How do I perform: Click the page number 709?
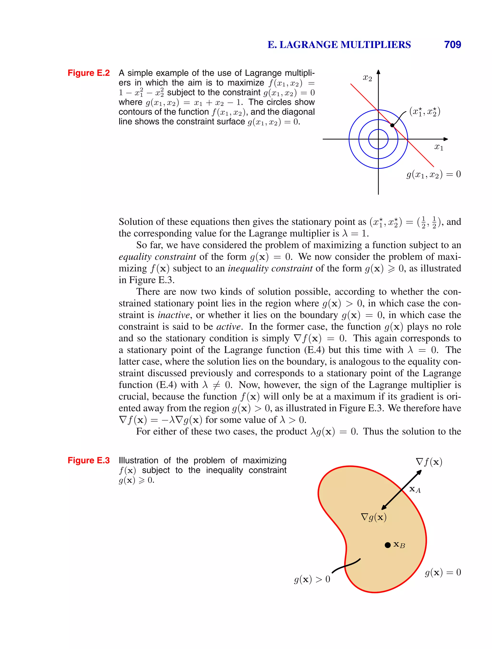[x=452, y=45]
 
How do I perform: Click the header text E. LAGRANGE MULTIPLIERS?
[x=339, y=45]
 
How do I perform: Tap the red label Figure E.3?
[x=88, y=460]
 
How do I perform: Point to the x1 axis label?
[x=438, y=147]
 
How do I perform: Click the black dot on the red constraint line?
[x=392, y=125]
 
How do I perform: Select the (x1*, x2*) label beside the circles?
[x=425, y=112]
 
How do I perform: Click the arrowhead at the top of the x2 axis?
[x=378, y=72]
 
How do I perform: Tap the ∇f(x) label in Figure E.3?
[x=429, y=462]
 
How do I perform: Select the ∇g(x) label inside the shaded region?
[x=374, y=517]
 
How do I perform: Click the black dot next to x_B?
[x=388, y=545]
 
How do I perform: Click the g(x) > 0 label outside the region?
[x=312, y=579]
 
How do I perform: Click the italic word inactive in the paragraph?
[x=174, y=315]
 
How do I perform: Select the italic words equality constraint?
[x=157, y=257]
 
